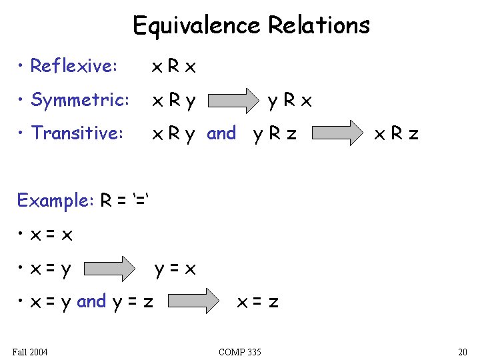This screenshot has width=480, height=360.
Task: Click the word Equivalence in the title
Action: click(x=196, y=25)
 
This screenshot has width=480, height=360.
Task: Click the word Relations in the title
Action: click(x=319, y=25)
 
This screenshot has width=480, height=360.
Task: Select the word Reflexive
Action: click(x=74, y=66)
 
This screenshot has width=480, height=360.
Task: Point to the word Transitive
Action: click(x=77, y=133)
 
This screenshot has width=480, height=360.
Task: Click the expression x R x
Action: click(x=174, y=66)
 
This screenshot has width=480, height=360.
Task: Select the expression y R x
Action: click(x=289, y=101)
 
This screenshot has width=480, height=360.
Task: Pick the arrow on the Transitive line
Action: click(x=337, y=133)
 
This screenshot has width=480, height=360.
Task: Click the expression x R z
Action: click(x=396, y=134)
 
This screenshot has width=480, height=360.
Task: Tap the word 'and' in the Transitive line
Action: click(x=221, y=133)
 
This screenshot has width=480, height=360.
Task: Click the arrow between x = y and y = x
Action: click(x=111, y=269)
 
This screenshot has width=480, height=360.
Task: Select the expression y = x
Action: click(x=175, y=269)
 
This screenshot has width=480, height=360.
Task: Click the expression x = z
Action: click(x=259, y=302)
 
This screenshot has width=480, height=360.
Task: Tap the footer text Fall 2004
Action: click(x=30, y=351)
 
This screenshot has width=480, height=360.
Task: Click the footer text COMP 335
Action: click(x=240, y=351)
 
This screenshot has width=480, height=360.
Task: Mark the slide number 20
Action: click(x=463, y=351)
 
